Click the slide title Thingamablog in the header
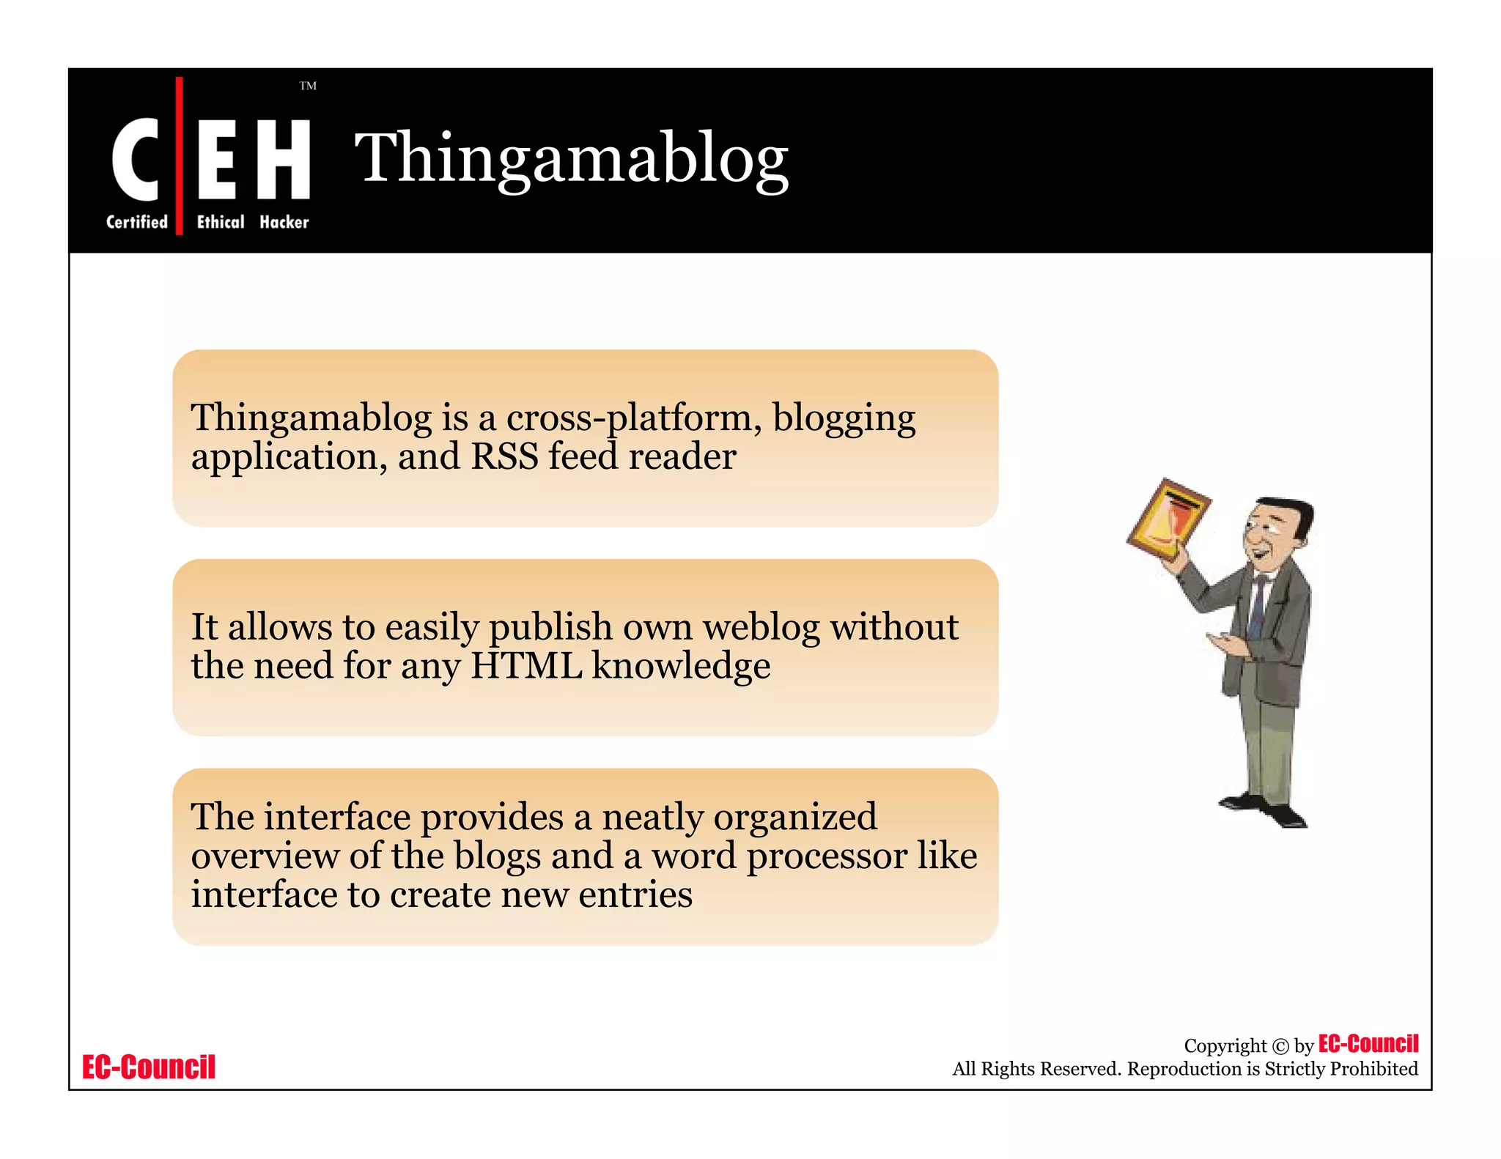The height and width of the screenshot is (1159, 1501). pos(571,158)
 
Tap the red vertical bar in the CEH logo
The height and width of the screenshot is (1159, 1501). pos(179,155)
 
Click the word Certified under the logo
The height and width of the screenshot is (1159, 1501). pos(137,222)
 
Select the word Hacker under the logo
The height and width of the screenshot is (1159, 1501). pos(284,222)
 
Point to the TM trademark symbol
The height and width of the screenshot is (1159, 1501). pos(308,86)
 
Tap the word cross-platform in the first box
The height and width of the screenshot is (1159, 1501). pos(629,418)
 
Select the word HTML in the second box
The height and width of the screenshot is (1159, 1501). pos(525,666)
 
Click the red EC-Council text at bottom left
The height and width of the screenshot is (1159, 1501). pos(149,1067)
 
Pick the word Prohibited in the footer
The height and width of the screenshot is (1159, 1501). pos(1373,1069)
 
